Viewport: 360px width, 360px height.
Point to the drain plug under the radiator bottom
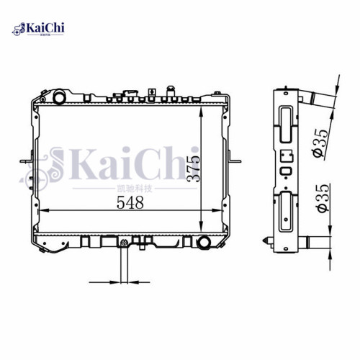[x=124, y=246]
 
